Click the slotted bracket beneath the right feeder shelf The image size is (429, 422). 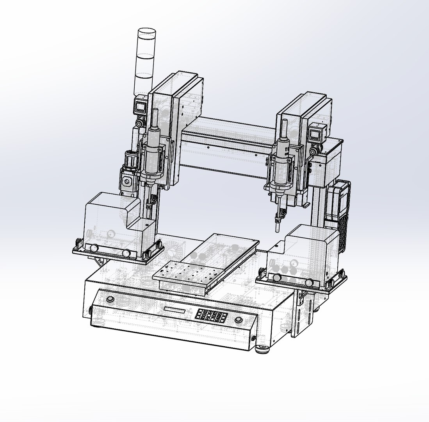pyautogui.click(x=303, y=313)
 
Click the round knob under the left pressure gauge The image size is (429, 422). pyautogui.click(x=139, y=123)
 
